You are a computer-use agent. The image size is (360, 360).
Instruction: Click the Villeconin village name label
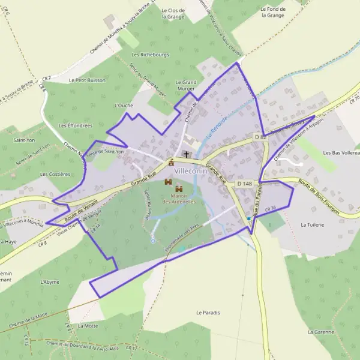point(190,170)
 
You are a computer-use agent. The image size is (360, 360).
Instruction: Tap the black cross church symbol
point(186,155)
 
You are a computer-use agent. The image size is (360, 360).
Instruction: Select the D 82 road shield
point(260,137)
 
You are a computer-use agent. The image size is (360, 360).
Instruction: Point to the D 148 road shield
point(244,183)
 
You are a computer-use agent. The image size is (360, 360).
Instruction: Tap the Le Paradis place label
point(208,313)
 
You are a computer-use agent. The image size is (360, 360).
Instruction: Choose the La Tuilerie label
point(312,224)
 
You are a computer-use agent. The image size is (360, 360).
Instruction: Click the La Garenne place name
point(320,331)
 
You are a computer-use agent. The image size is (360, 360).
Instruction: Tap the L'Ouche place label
point(123,105)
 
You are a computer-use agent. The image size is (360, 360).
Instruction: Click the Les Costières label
point(55,174)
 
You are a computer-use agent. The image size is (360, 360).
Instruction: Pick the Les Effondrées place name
point(76,125)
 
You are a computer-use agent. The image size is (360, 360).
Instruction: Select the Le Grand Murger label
point(186,85)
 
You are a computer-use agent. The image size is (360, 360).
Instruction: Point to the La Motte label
point(88,326)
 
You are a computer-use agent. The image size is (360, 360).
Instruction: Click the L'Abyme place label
point(50,281)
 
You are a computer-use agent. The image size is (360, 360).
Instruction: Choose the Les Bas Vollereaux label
point(341,153)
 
